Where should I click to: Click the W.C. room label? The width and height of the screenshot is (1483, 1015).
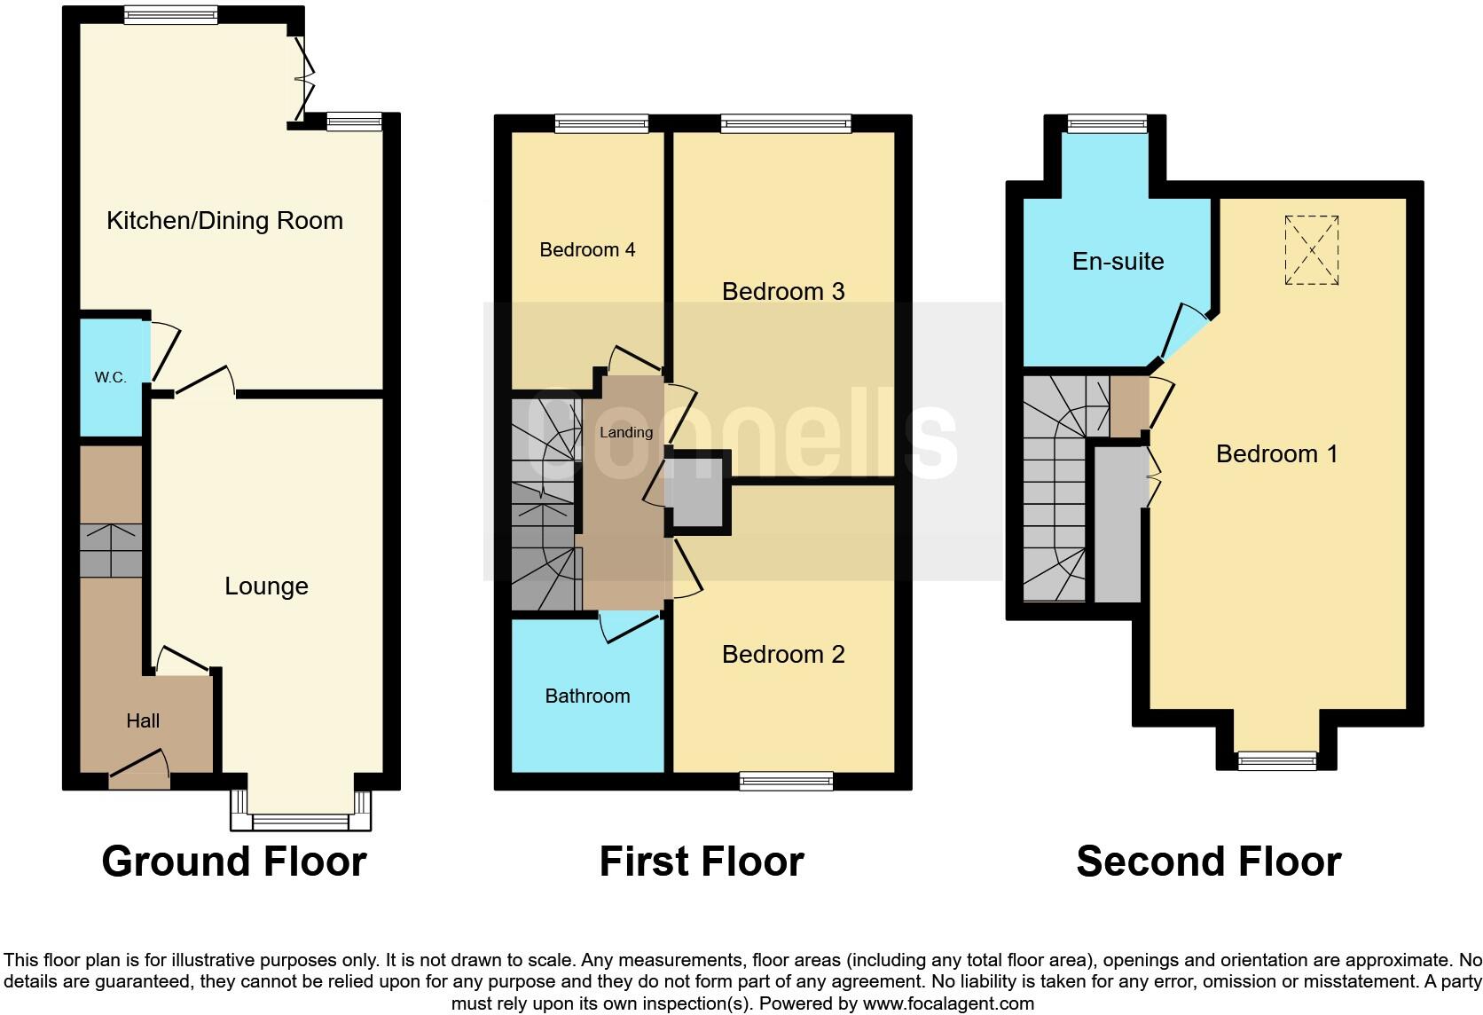coord(110,377)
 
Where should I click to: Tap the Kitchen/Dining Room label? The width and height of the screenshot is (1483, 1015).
coord(224,220)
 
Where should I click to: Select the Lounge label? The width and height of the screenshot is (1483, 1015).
coord(266,586)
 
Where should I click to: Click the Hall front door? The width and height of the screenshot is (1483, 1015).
coord(138,769)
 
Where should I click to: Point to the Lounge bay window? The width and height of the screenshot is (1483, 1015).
coord(301,822)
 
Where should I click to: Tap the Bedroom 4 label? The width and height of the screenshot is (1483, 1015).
coord(587,249)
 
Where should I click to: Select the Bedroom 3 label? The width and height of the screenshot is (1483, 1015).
coord(782,291)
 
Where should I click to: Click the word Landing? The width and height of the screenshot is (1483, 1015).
coord(625,432)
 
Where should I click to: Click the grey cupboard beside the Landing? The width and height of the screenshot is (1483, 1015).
coord(697,492)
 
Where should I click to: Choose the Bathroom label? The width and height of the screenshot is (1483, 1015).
coord(587,696)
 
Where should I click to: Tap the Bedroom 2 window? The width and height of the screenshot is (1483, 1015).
coord(786,781)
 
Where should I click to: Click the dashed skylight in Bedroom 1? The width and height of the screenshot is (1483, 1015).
coord(1311,249)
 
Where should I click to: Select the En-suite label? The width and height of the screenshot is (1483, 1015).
coord(1118,261)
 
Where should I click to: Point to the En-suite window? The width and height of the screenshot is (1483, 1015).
coord(1107,123)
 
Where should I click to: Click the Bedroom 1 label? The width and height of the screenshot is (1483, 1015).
coord(1276,453)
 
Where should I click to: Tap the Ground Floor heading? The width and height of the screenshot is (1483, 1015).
coord(233,861)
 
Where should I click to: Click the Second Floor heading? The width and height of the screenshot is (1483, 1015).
coord(1208,861)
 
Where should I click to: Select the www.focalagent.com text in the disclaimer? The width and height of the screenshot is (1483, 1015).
coord(948,1003)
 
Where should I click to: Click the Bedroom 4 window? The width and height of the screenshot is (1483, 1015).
coord(601,123)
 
